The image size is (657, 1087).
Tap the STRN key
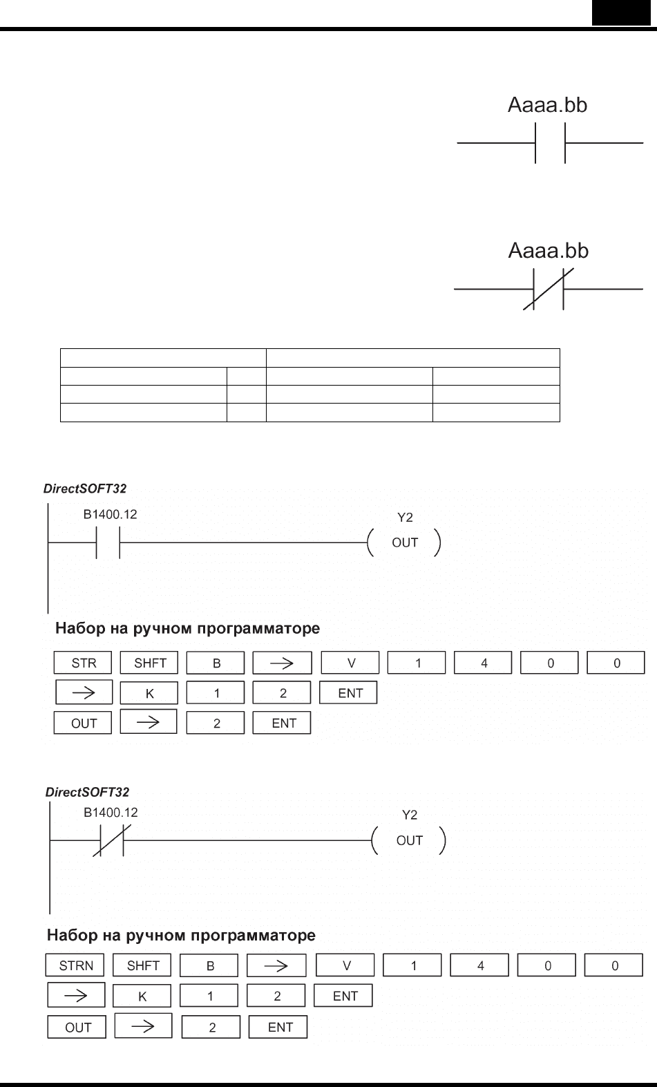(x=75, y=965)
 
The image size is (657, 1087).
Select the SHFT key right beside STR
(x=149, y=663)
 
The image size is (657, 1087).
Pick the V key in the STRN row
(x=345, y=965)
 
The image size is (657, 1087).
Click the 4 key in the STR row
(x=483, y=663)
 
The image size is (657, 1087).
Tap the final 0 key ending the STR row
(x=616, y=663)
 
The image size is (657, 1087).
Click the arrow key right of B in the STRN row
(x=276, y=965)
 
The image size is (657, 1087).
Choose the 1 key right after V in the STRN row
(x=412, y=965)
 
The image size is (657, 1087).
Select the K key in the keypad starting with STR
(x=149, y=693)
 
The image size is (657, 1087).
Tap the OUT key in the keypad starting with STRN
(x=77, y=1027)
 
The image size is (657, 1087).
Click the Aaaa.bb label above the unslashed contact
(x=547, y=105)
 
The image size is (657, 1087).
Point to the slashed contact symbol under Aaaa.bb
(x=549, y=290)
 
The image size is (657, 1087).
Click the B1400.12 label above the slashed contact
(x=111, y=813)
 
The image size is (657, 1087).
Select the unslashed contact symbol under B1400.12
(x=108, y=542)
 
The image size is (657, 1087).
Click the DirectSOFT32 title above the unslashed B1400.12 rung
(x=85, y=488)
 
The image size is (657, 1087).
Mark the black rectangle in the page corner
(x=621, y=12)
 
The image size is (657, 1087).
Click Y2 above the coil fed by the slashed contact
(x=410, y=815)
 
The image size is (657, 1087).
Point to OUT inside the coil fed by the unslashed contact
(x=405, y=542)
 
